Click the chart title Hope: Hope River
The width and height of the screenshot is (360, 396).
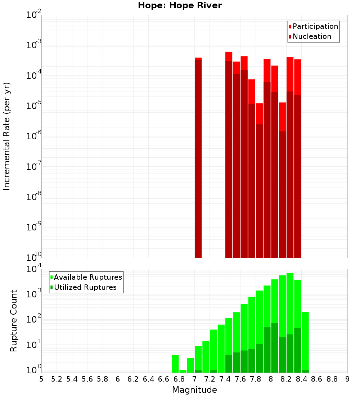[180, 5]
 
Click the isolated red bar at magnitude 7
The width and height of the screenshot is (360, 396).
[198, 158]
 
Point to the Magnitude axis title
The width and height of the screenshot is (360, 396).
[194, 390]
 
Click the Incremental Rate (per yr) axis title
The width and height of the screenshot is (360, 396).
[7, 136]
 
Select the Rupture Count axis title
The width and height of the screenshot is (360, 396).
[14, 321]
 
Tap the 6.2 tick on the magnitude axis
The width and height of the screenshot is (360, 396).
[133, 379]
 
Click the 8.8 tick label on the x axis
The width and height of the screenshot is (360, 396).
[332, 379]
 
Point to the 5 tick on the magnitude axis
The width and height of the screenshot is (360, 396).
[41, 379]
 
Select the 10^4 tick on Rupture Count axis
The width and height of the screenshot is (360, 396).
[34, 269]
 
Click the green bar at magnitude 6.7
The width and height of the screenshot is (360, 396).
[175, 364]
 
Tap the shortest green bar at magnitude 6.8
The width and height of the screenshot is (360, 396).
[183, 371]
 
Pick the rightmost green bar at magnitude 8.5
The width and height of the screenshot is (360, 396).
[305, 340]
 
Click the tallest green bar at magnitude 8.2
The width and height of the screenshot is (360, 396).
[290, 306]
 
